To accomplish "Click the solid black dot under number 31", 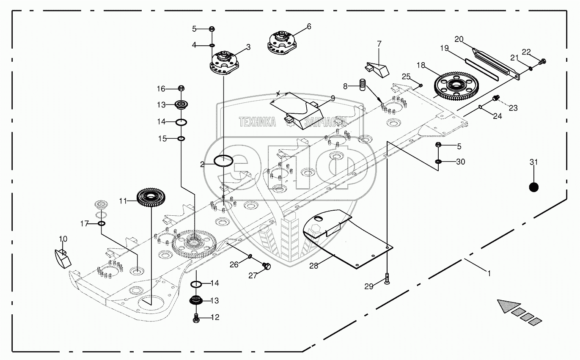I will pyautogui.click(x=534, y=187).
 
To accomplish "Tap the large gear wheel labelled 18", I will pyautogui.click(x=454, y=87).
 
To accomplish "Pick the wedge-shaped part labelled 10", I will pyautogui.click(x=62, y=257).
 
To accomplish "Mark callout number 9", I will pyautogui.click(x=333, y=98).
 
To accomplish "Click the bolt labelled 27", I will pyautogui.click(x=266, y=266).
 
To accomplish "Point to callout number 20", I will pyautogui.click(x=459, y=39).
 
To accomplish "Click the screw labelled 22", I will pyautogui.click(x=544, y=62).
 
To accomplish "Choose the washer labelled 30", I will pyautogui.click(x=439, y=162).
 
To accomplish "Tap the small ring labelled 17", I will pyautogui.click(x=102, y=223).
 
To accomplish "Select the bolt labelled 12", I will pyautogui.click(x=196, y=319).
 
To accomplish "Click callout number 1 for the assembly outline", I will pyautogui.click(x=489, y=273).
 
